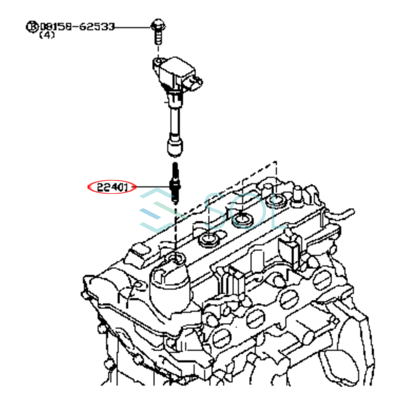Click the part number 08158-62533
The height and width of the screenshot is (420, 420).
(x=77, y=27)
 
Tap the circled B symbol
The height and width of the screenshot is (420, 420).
(x=32, y=27)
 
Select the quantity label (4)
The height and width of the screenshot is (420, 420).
(x=47, y=35)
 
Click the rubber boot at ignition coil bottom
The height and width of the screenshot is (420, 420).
(x=175, y=146)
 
